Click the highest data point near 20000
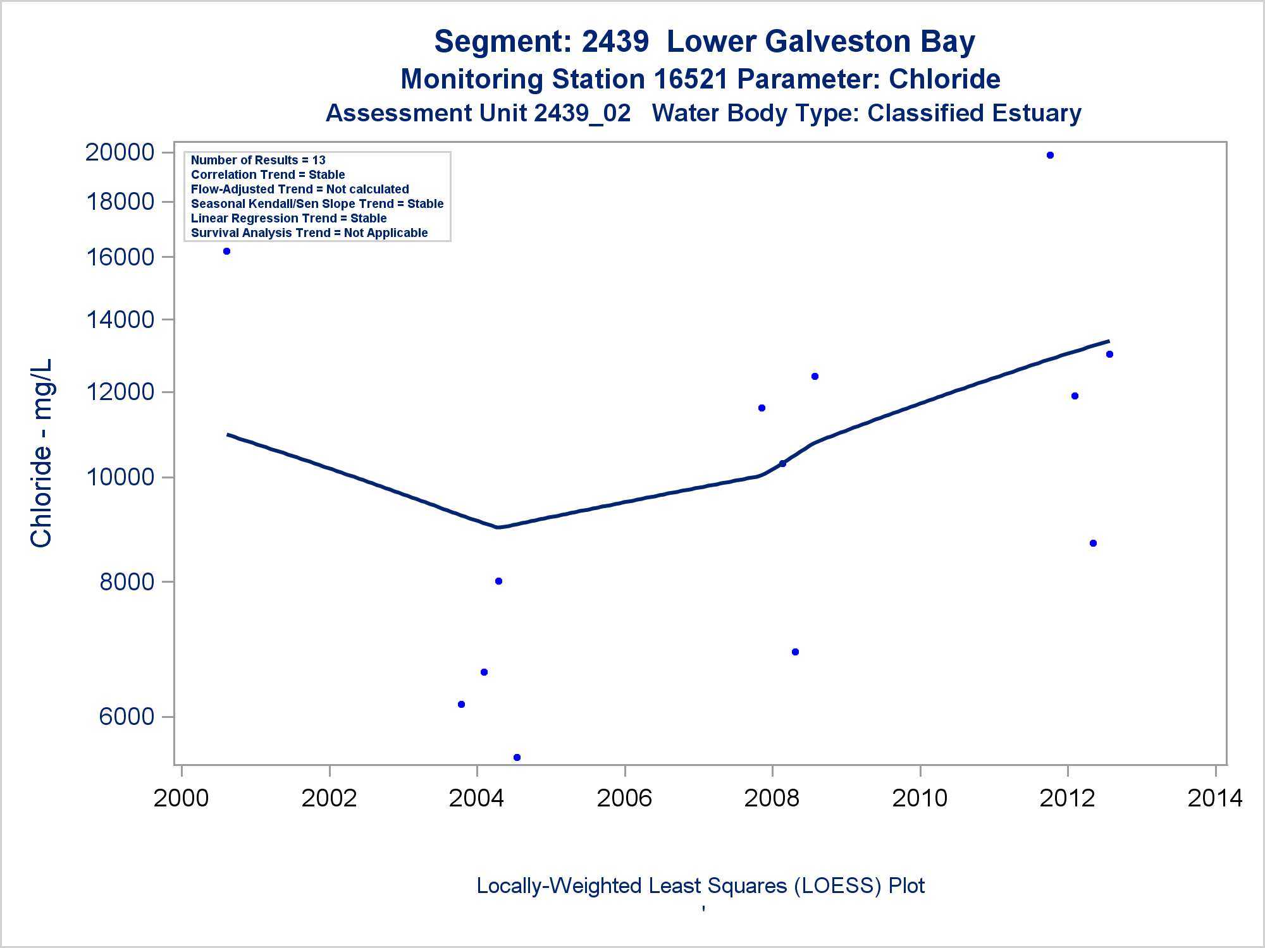[1050, 155]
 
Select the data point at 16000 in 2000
[227, 252]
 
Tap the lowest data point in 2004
[517, 757]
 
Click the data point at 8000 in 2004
[498, 581]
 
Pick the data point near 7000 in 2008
[795, 652]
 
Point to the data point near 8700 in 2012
[1093, 544]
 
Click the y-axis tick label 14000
[120, 320]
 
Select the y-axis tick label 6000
[126, 717]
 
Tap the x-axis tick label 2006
[624, 799]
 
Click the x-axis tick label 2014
[1215, 799]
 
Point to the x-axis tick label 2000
[182, 799]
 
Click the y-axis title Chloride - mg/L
[42, 453]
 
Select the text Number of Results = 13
[258, 161]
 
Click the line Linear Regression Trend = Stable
[288, 219]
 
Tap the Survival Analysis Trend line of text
[309, 233]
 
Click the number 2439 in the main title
[615, 42]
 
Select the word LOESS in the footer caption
[839, 886]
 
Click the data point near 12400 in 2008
[815, 377]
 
